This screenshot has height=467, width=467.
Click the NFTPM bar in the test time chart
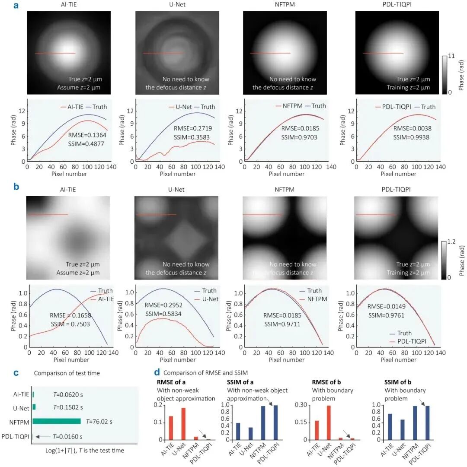tap(56, 421)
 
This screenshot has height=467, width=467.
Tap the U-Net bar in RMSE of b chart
tap(329, 423)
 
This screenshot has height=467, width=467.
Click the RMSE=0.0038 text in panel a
tap(412, 128)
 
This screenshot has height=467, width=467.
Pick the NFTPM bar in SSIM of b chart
tap(415, 423)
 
